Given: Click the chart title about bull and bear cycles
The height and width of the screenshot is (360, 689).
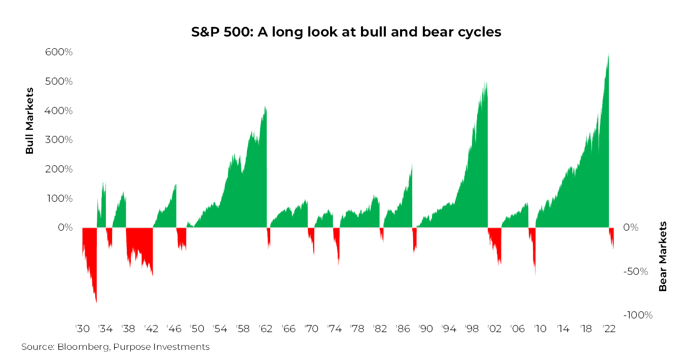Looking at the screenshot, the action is [346, 32].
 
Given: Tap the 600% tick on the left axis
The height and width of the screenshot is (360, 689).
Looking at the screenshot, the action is [59, 52].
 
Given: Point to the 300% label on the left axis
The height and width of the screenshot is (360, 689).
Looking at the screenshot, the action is [59, 140].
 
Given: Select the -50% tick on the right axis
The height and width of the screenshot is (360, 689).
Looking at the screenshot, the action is [636, 271].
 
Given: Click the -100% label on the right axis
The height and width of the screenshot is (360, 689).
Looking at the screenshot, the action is [638, 315].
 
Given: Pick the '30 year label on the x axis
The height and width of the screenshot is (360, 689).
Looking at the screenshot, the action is [83, 329].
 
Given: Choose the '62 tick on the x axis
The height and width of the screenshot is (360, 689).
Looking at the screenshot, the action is [266, 329].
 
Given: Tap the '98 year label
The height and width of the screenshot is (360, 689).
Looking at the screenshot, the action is [472, 329].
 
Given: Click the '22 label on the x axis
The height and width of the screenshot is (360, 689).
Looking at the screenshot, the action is [609, 329].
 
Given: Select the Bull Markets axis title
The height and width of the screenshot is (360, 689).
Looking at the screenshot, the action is [29, 121].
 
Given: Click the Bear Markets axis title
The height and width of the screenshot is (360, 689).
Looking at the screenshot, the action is [663, 256].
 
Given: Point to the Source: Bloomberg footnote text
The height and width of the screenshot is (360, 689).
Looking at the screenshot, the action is [116, 347].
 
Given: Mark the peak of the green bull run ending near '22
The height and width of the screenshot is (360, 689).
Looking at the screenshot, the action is [608, 54].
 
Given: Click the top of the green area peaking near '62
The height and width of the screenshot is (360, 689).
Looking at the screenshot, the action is [265, 106].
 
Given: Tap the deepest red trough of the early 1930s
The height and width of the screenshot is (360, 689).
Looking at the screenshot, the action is [96, 303].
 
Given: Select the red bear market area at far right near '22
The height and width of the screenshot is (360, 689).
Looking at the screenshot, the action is [611, 237].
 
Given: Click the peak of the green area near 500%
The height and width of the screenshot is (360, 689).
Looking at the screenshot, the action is [486, 82].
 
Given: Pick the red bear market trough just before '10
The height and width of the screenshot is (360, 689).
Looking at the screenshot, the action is [535, 275].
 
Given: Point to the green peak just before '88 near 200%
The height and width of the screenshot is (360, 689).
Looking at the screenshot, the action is [412, 164].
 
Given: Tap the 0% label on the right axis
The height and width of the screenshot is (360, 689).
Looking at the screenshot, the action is [631, 227].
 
